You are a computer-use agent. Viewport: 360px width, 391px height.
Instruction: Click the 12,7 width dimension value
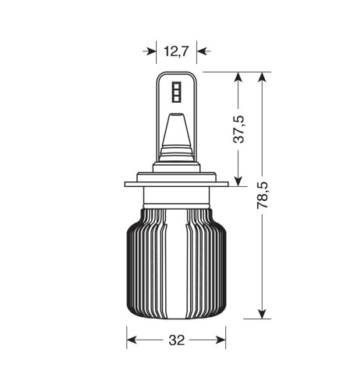click(x=177, y=51)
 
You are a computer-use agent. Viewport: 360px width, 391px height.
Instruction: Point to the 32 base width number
click(x=176, y=341)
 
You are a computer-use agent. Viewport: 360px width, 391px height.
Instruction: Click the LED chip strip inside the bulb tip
click(x=175, y=91)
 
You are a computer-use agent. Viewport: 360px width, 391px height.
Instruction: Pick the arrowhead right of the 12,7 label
click(x=201, y=51)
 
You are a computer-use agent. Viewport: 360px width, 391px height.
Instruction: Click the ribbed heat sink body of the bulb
click(x=176, y=265)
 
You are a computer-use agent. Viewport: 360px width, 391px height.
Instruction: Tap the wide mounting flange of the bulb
click(x=176, y=185)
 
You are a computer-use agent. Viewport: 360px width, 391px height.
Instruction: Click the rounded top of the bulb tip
click(x=175, y=75)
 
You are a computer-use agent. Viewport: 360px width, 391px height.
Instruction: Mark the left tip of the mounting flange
click(x=126, y=185)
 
